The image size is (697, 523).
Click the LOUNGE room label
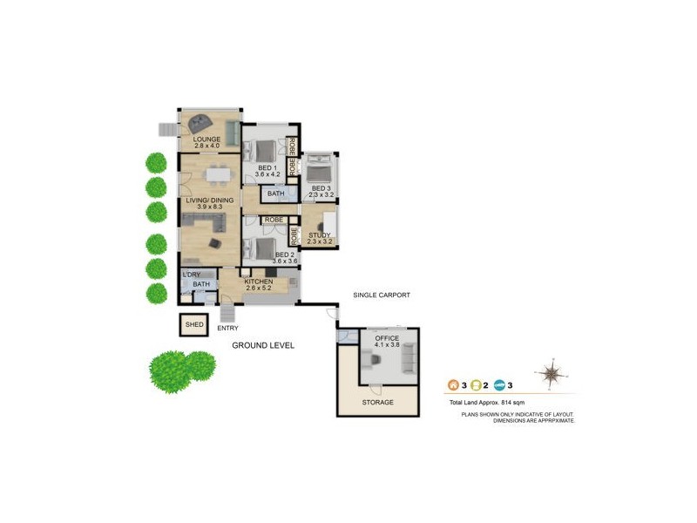(206, 139)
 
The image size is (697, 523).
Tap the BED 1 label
(267, 167)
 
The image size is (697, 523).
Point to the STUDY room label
(320, 234)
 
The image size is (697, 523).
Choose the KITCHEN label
(259, 282)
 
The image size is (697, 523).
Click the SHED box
(194, 325)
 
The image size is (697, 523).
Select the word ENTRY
(228, 329)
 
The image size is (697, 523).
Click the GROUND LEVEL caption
(263, 346)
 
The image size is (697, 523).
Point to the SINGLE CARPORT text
(382, 295)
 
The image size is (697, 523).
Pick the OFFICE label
(387, 337)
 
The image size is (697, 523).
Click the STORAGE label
(378, 403)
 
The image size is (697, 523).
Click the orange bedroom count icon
(452, 384)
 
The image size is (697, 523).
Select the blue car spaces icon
(500, 384)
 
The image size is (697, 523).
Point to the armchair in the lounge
(203, 123)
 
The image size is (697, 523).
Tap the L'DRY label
(191, 275)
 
